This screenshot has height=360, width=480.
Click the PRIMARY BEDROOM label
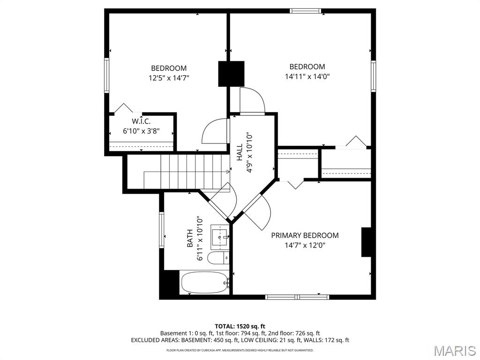coord(305,235)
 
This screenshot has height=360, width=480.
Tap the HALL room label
coord(240,153)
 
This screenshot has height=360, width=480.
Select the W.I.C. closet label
coord(141,121)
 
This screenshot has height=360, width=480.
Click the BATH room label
coord(190,238)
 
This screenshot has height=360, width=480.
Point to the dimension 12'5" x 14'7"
coord(169,78)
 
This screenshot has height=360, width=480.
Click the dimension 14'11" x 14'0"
coord(307,76)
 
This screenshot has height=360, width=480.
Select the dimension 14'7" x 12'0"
coord(305,245)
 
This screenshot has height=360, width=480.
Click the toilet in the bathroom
coord(219,257)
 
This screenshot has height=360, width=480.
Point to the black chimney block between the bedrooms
coord(232,74)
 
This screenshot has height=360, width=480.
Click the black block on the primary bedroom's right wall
coord(367,242)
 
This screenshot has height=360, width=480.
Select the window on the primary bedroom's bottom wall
coord(297,297)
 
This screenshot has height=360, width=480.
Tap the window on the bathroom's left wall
coord(161,230)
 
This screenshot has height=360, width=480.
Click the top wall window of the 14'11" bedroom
coord(305,11)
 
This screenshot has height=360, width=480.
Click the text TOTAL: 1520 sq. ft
coord(240,326)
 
